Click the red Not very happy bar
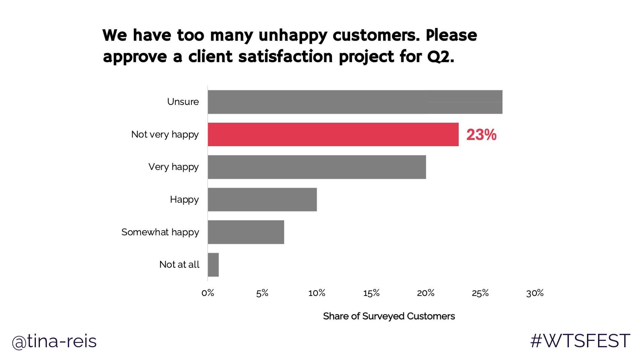[333, 134]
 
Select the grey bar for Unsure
[355, 102]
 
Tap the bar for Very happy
[317, 167]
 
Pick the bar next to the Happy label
[262, 199]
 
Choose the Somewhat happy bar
[246, 232]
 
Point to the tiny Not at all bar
[213, 265]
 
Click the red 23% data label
[481, 135]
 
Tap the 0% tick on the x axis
[208, 293]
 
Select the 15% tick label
[371, 293]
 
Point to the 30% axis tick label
[535, 293]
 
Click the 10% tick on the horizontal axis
[317, 293]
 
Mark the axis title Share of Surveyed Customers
[389, 316]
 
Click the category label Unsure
[183, 102]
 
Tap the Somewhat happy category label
[160, 232]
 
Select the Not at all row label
[179, 264]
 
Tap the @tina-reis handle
[54, 341]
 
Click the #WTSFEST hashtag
[580, 341]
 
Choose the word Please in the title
[451, 35]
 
